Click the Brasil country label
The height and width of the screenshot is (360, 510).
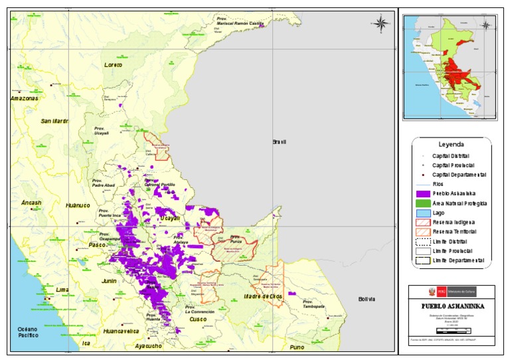(278, 142)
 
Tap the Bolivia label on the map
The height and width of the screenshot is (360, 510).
(367, 299)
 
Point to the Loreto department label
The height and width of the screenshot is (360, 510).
(114, 64)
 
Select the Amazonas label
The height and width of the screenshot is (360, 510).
(25, 98)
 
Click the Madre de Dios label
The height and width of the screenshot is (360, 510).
(263, 296)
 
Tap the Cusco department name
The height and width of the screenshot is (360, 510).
(198, 319)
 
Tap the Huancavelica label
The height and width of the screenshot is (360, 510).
(120, 330)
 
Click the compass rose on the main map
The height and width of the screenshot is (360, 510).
(381, 24)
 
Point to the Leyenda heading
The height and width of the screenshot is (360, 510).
(451, 144)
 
